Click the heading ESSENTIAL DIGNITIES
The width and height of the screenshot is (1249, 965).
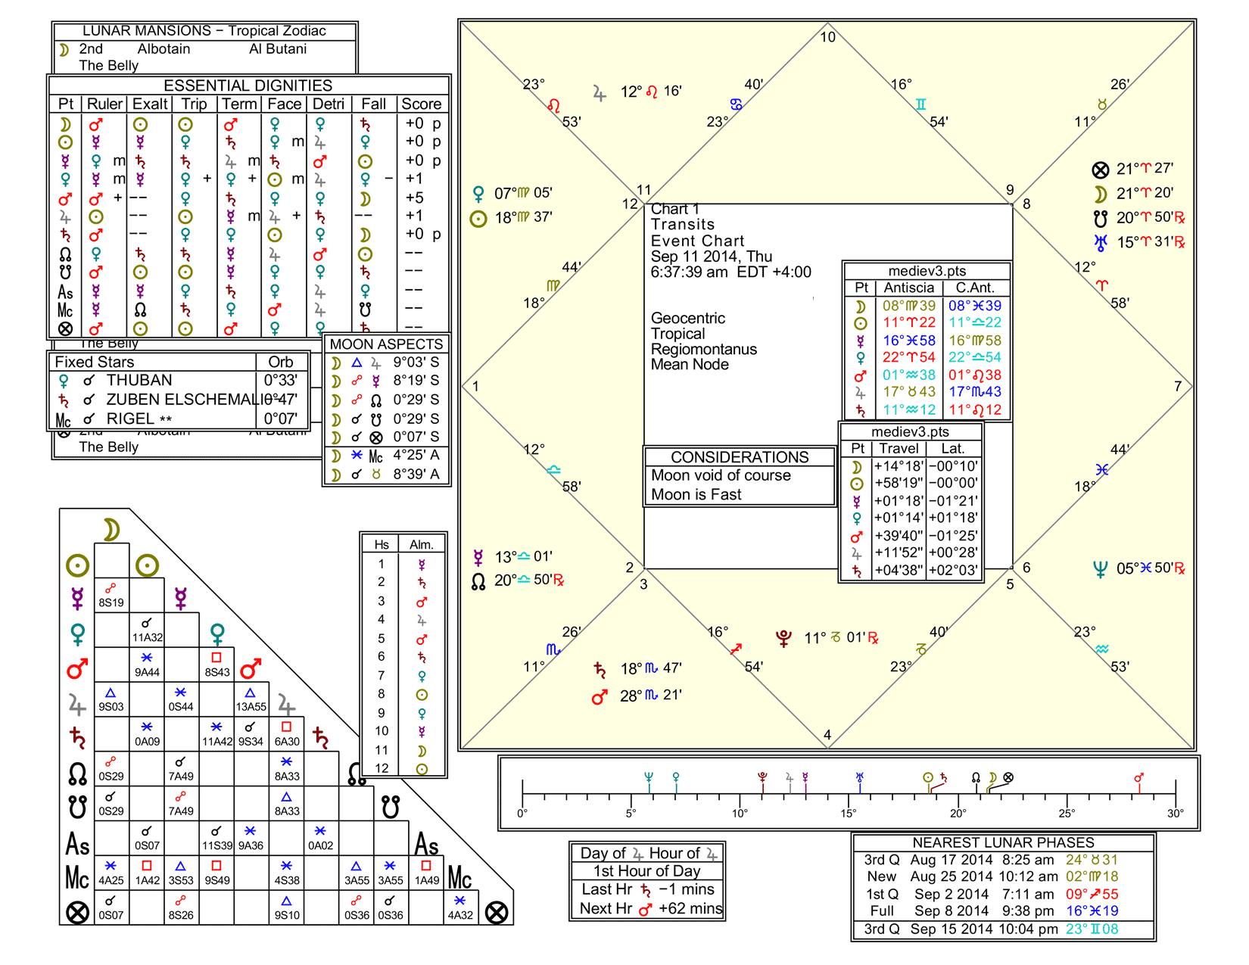(x=248, y=86)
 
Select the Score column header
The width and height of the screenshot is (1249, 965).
(x=421, y=104)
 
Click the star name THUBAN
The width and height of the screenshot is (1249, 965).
(x=139, y=381)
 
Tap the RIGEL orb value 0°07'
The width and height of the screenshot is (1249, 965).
(x=280, y=419)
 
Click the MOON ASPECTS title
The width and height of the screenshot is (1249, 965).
(x=386, y=344)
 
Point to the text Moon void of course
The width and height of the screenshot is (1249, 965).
(x=721, y=476)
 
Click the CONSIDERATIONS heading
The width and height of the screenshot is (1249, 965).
(x=740, y=457)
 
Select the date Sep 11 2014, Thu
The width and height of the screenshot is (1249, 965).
(x=712, y=257)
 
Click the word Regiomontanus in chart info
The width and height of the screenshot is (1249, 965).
(x=703, y=349)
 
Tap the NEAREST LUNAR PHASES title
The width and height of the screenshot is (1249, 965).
(x=1003, y=842)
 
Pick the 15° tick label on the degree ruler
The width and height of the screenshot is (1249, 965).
(x=849, y=814)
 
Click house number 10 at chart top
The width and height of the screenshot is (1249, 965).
(x=828, y=37)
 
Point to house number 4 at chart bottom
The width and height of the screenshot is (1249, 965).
(x=827, y=735)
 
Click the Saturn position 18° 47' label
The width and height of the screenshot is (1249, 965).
(x=650, y=669)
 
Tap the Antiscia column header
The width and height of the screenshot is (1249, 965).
(x=908, y=288)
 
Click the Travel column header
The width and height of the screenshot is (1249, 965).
(x=899, y=449)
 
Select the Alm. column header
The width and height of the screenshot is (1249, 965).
(x=422, y=545)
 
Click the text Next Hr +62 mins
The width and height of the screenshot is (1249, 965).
(x=646, y=908)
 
